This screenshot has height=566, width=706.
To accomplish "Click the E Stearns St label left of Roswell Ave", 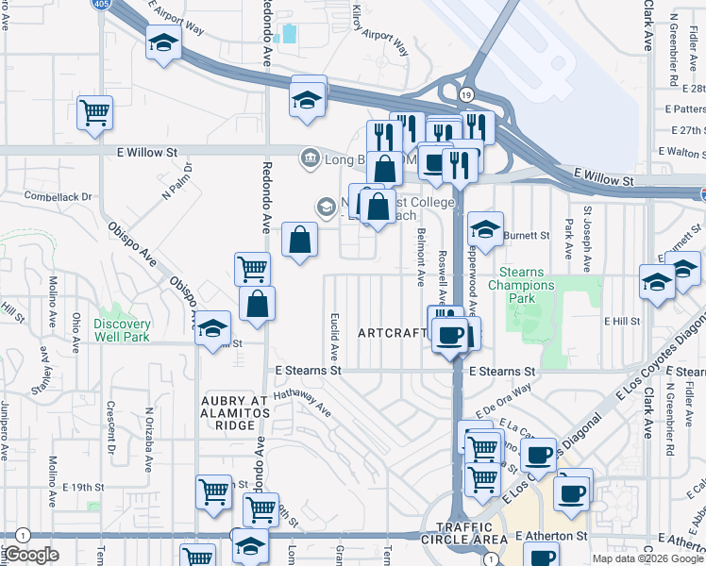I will [307, 372].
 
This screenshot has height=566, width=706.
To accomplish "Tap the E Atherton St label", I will [552, 536].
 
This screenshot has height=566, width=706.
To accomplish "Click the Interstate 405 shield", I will [99, 5].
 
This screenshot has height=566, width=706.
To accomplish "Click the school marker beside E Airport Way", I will [164, 42].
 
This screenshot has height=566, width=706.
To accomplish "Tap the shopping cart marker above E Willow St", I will [94, 113].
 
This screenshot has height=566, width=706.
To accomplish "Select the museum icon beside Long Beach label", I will [308, 157].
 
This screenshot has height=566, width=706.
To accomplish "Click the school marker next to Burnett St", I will [485, 230].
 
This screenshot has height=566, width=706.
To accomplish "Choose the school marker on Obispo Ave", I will [213, 327].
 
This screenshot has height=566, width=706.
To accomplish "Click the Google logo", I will [31, 555].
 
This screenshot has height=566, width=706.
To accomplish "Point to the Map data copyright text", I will [647, 558].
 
